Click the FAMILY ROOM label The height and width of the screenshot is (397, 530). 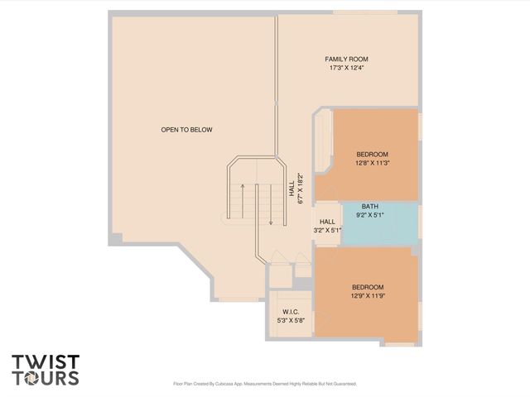tap(346, 60)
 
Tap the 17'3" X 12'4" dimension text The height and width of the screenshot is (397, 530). tap(346, 68)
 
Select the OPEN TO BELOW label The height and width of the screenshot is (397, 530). tap(186, 130)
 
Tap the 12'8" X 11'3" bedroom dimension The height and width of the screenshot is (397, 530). tap(372, 163)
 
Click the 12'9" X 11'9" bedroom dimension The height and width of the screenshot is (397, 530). tap(369, 295)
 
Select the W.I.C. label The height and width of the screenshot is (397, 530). tap(291, 312)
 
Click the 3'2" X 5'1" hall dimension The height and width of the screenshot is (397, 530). tap(327, 230)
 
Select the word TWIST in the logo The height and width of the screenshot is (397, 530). tap(46, 362)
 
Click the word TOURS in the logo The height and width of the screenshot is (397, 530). tap(46, 379)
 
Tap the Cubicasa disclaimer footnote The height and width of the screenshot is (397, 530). tap(264, 384)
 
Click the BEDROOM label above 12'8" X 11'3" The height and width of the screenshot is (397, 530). tap(372, 155)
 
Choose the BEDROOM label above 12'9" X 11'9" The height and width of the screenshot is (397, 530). tap(369, 287)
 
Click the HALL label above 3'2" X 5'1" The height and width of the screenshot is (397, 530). tap(327, 222)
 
